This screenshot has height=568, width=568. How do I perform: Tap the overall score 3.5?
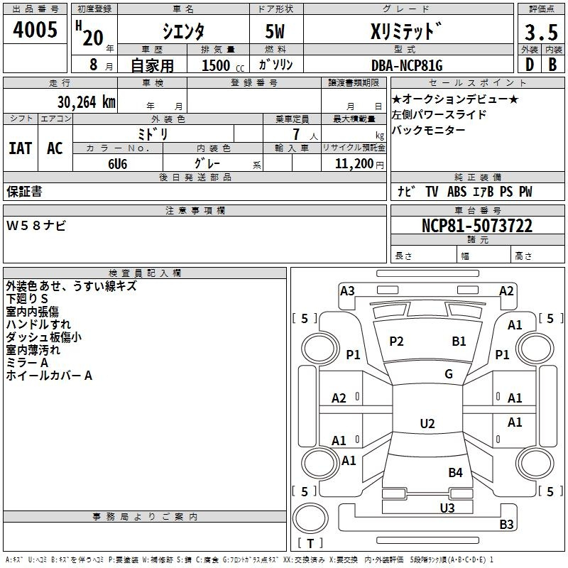(x=540, y=32)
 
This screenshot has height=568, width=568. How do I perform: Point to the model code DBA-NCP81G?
(x=407, y=65)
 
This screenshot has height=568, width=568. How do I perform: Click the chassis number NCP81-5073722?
(x=476, y=226)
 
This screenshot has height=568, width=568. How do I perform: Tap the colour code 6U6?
(x=117, y=163)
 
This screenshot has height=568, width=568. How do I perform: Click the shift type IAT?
(x=20, y=148)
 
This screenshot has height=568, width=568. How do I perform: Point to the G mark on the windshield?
(x=449, y=374)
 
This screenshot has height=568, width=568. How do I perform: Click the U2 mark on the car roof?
(x=427, y=424)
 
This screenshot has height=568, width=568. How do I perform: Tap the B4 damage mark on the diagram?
(x=455, y=472)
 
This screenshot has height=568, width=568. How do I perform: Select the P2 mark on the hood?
(x=396, y=342)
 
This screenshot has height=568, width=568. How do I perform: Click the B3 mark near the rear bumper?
(x=506, y=525)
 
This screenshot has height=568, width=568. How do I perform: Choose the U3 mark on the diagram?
(x=447, y=508)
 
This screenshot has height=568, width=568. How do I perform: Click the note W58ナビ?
(x=36, y=226)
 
